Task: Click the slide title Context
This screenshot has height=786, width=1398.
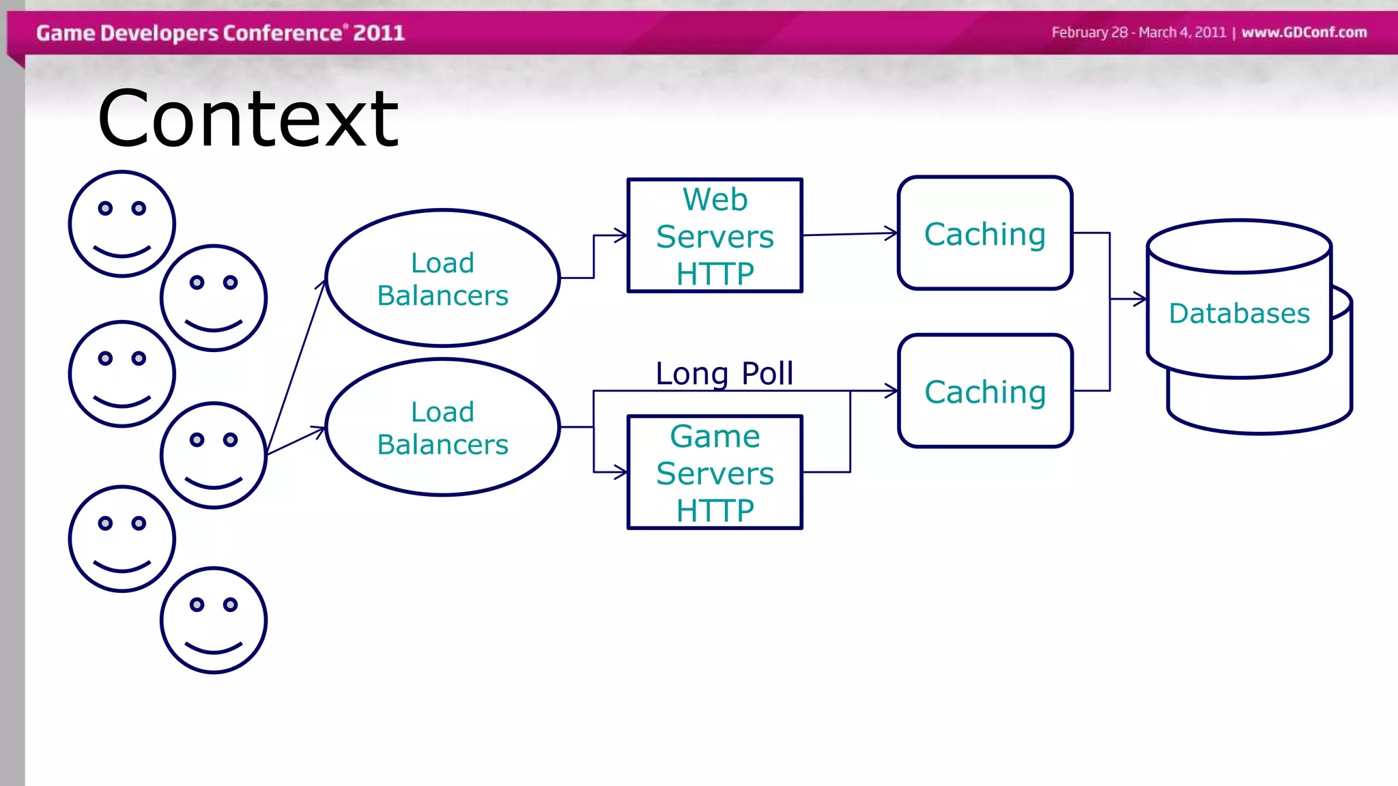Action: point(248,120)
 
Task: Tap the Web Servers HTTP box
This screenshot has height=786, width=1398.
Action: point(715,235)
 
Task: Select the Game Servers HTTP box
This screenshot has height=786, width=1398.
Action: point(715,472)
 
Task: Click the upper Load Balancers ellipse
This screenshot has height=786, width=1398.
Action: point(442,278)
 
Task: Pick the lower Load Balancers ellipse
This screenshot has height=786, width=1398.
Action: point(442,427)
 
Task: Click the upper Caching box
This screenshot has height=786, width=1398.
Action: point(984,233)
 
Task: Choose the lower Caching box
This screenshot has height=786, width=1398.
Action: point(984,391)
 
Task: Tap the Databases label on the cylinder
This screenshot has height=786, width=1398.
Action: point(1239,313)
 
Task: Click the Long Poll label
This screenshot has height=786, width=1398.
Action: point(724,373)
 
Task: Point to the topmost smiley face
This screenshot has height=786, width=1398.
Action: point(122,224)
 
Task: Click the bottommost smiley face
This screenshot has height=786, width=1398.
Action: point(214,620)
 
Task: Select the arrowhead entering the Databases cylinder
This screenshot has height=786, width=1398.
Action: point(1141,299)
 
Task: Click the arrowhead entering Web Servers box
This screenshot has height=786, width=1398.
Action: point(621,235)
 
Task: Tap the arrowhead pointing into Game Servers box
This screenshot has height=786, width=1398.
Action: point(621,471)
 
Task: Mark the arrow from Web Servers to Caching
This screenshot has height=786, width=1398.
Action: point(850,234)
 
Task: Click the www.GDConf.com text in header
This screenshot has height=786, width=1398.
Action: point(1304,32)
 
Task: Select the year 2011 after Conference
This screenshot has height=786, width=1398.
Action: point(379,33)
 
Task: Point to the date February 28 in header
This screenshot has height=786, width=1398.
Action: point(1089,32)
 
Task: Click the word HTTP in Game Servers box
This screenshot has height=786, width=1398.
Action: point(715,510)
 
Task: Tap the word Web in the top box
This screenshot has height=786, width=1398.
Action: point(715,199)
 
